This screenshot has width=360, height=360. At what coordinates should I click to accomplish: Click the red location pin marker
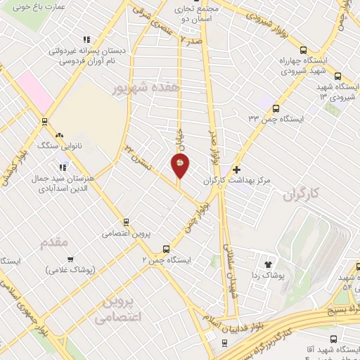pos(181,165)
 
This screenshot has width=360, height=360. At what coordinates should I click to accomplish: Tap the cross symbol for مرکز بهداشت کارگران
pos(237,169)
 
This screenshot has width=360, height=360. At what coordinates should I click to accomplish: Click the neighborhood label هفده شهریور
pos(141,87)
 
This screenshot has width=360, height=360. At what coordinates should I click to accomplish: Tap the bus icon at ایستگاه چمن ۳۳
pos(276,109)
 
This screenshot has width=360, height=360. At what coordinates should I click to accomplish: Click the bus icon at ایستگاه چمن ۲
pos(166,249)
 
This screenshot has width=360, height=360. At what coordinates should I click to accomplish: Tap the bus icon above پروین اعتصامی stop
pos(126,221)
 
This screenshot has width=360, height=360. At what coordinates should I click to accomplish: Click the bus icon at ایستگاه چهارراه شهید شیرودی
pos(303,50)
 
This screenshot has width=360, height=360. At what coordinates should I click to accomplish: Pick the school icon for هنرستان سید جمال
pos(63,167)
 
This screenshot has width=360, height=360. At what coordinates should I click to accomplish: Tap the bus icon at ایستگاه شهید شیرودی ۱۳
pos(337,77)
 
